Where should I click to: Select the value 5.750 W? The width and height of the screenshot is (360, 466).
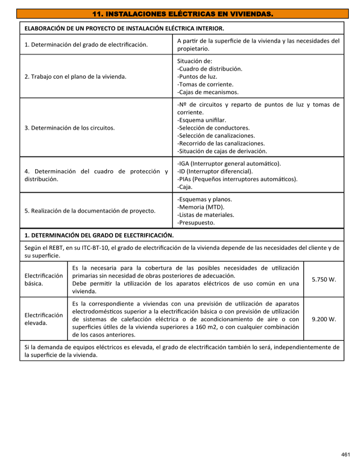(323, 279)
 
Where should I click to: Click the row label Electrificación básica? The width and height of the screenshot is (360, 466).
(43, 279)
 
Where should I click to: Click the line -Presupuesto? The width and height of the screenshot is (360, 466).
(197, 223)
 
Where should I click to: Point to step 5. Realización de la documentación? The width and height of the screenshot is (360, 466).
(90, 211)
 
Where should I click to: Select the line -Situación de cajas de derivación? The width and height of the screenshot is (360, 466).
(222, 151)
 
